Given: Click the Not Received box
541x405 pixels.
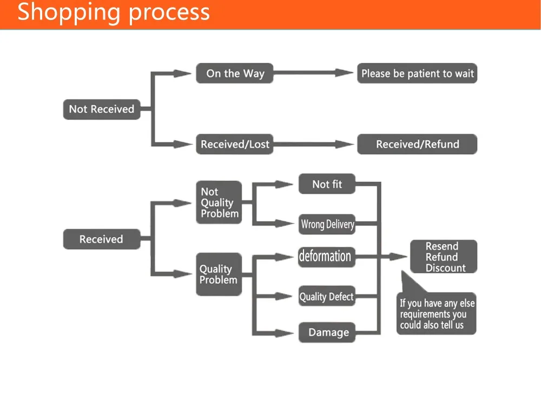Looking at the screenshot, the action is pos(102,110).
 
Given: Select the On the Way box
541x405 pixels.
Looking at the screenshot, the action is pos(235,73).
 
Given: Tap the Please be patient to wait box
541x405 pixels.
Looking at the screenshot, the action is pos(417,73).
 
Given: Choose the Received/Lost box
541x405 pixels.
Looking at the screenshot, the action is pos(235,144).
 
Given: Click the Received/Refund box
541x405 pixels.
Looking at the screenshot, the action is pos(417,144).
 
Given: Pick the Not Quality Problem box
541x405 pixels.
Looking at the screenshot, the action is pos(219,202).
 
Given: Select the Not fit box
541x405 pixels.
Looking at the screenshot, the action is pos(327,184).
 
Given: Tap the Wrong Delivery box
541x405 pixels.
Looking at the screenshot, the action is pos(327,224).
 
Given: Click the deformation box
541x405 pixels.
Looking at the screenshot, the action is pos(327,256).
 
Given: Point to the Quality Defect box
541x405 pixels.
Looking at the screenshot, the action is pos(327,296).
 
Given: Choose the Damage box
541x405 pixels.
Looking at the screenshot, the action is pos(327,332).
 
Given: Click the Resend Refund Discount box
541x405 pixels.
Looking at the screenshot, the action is pos(444,256).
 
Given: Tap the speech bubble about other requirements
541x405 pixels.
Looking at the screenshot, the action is pos(437,313).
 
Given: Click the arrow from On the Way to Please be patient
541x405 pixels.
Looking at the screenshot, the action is pos(313,73).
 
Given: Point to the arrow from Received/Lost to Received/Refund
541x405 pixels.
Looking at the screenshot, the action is pos(313,144).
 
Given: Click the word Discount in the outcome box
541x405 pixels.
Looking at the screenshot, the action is pos(445,268).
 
